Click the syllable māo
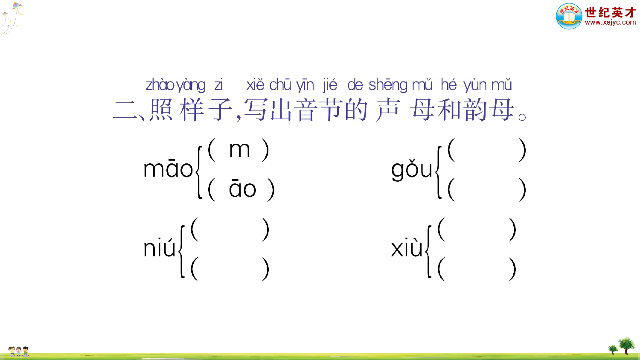coord(168,169)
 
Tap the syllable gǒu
coord(412,170)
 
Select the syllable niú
coord(159,248)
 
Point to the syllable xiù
coord(407,248)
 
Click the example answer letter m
coord(239,150)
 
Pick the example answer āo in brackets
coord(242,189)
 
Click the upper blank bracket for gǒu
coord(487,151)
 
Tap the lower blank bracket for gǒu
coord(487,190)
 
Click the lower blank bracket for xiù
coord(477,269)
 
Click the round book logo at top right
coord(569,16)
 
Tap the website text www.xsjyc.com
coord(610,23)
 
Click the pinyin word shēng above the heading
coord(388,85)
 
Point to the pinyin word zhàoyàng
coord(175,85)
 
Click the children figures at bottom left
coord(18,351)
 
